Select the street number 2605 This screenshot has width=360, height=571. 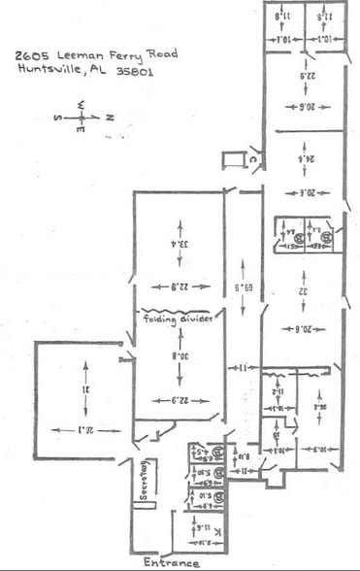pos(35,54)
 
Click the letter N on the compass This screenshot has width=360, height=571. pos(110,117)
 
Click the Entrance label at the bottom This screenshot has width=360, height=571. pos(171,563)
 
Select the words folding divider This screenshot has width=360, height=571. pos(180,319)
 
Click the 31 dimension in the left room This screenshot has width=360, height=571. pos(85,390)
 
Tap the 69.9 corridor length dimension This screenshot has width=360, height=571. pos(236,288)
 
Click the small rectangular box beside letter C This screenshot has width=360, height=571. pos(233,159)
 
